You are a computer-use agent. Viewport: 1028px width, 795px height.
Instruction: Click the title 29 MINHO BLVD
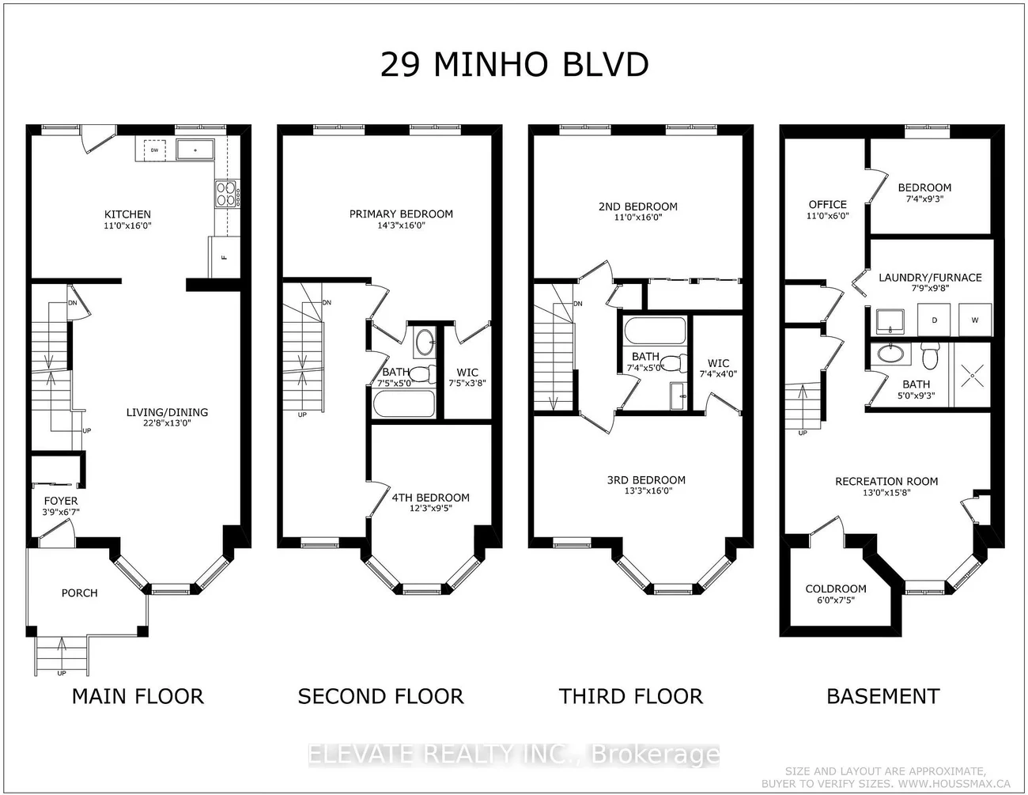514,64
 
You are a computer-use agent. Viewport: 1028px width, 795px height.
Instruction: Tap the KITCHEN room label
127,214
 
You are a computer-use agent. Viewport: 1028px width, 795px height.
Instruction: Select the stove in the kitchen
226,193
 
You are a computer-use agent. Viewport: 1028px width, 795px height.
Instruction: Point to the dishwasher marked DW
155,150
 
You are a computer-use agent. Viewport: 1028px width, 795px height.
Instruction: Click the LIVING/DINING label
167,412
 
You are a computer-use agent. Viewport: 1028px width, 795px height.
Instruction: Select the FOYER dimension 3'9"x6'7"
61,512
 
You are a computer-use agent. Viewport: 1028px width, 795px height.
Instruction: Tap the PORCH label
79,592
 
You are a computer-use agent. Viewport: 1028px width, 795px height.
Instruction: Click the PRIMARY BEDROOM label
401,214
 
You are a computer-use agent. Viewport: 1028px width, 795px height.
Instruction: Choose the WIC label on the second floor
467,372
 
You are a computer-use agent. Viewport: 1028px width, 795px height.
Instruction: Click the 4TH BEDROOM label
430,498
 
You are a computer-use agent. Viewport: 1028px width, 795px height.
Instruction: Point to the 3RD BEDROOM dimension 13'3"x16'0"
646,490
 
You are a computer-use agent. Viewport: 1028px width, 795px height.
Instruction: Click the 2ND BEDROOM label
637,206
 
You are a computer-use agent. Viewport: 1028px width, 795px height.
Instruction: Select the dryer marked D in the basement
934,320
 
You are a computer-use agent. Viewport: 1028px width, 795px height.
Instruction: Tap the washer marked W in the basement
973,320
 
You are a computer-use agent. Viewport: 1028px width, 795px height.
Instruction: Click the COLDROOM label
836,589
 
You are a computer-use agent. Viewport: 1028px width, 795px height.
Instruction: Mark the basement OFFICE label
827,204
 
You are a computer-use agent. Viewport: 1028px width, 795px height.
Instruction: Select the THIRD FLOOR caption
630,696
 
